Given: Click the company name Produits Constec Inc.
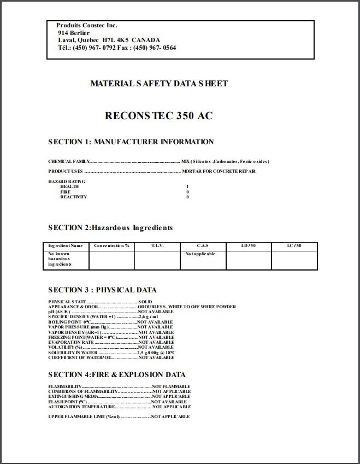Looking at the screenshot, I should pyautogui.click(x=86, y=26).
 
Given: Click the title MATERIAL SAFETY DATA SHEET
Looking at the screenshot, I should pyautogui.click(x=159, y=84).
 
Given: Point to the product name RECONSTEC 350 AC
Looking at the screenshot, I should pyautogui.click(x=158, y=116).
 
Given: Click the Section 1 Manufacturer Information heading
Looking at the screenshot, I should pyautogui.click(x=131, y=142).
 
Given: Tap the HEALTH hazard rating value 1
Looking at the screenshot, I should pyautogui.click(x=187, y=187).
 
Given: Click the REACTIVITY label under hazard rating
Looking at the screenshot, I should pyautogui.click(x=73, y=197).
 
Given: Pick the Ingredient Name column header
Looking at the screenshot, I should pyautogui.click(x=66, y=246).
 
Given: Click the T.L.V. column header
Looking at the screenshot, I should pyautogui.click(x=157, y=246).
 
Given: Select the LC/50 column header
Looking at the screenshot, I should pyautogui.click(x=294, y=246).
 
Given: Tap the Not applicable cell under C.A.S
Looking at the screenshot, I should pyautogui.click(x=200, y=254).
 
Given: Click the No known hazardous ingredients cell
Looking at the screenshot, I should pyautogui.click(x=60, y=259).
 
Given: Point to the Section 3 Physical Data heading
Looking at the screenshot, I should pyautogui.click(x=102, y=290).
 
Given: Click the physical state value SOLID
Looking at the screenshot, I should pyautogui.click(x=145, y=302).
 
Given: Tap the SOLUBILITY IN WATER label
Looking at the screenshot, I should pyautogui.click(x=73, y=353).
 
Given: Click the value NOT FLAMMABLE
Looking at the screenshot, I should pyautogui.click(x=171, y=387).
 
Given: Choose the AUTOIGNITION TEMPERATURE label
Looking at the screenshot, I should pyautogui.click(x=81, y=407).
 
